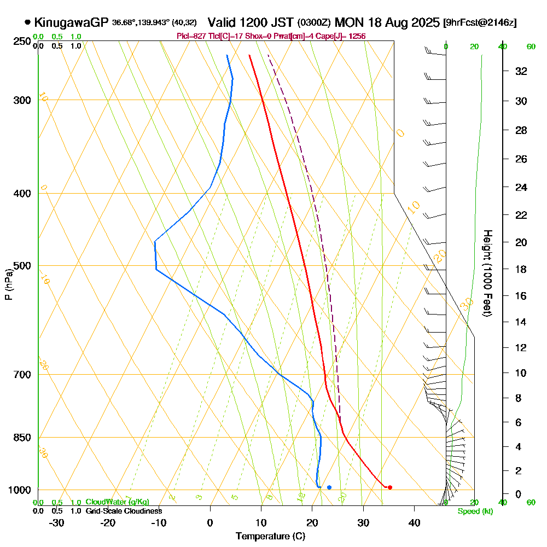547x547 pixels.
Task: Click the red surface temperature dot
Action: (389, 487)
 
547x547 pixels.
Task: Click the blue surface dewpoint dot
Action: (329, 487)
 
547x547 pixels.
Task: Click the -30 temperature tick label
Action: (57, 522)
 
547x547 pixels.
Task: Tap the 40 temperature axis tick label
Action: (414, 522)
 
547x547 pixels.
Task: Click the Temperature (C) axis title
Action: (270, 536)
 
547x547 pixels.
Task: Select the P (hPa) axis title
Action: (8, 283)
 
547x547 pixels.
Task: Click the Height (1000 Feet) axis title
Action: (486, 273)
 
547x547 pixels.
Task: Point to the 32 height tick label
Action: (521, 71)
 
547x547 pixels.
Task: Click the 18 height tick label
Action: (521, 269)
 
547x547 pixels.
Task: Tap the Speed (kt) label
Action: (475, 512)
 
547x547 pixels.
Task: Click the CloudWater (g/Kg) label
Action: (117, 502)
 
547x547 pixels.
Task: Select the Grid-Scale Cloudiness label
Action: (124, 511)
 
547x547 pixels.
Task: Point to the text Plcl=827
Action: (191, 36)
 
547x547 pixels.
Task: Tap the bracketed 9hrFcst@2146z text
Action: (480, 23)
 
